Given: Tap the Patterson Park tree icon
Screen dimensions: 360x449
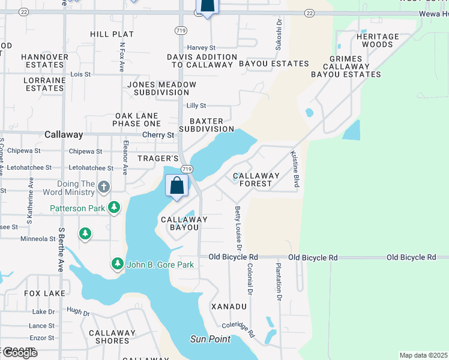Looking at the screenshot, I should (114, 208).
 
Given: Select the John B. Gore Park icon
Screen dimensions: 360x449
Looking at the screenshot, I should (118, 264).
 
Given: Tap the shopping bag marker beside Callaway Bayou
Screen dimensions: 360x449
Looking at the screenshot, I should (177, 185).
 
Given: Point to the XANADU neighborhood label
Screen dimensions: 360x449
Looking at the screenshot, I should (229, 307).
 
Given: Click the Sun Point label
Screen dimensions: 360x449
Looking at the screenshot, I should (211, 339).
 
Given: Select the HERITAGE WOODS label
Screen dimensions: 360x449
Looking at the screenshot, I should (378, 41).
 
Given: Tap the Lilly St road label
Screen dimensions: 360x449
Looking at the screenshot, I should (196, 106).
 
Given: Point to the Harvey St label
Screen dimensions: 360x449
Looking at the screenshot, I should (201, 47).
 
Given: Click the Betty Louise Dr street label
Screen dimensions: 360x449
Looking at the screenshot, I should (238, 228).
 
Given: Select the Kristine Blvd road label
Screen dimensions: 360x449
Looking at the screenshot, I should (295, 169).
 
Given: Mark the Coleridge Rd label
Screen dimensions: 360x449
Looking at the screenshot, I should (238, 329).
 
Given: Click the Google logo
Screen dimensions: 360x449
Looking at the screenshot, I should (19, 353).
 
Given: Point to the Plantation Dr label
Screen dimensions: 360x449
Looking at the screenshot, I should (279, 281).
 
